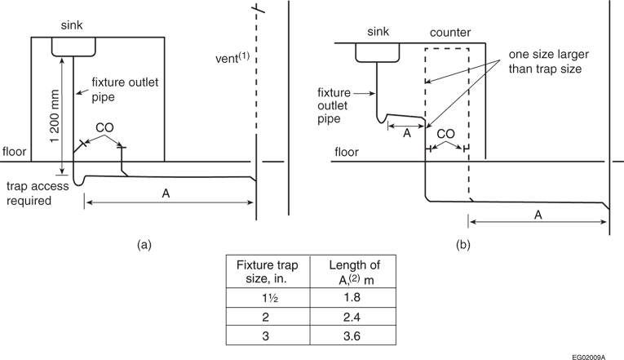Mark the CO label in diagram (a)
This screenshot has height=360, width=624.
coord(104,129)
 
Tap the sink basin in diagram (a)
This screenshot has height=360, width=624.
coord(70,47)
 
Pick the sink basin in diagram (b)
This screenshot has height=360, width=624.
coord(377,52)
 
